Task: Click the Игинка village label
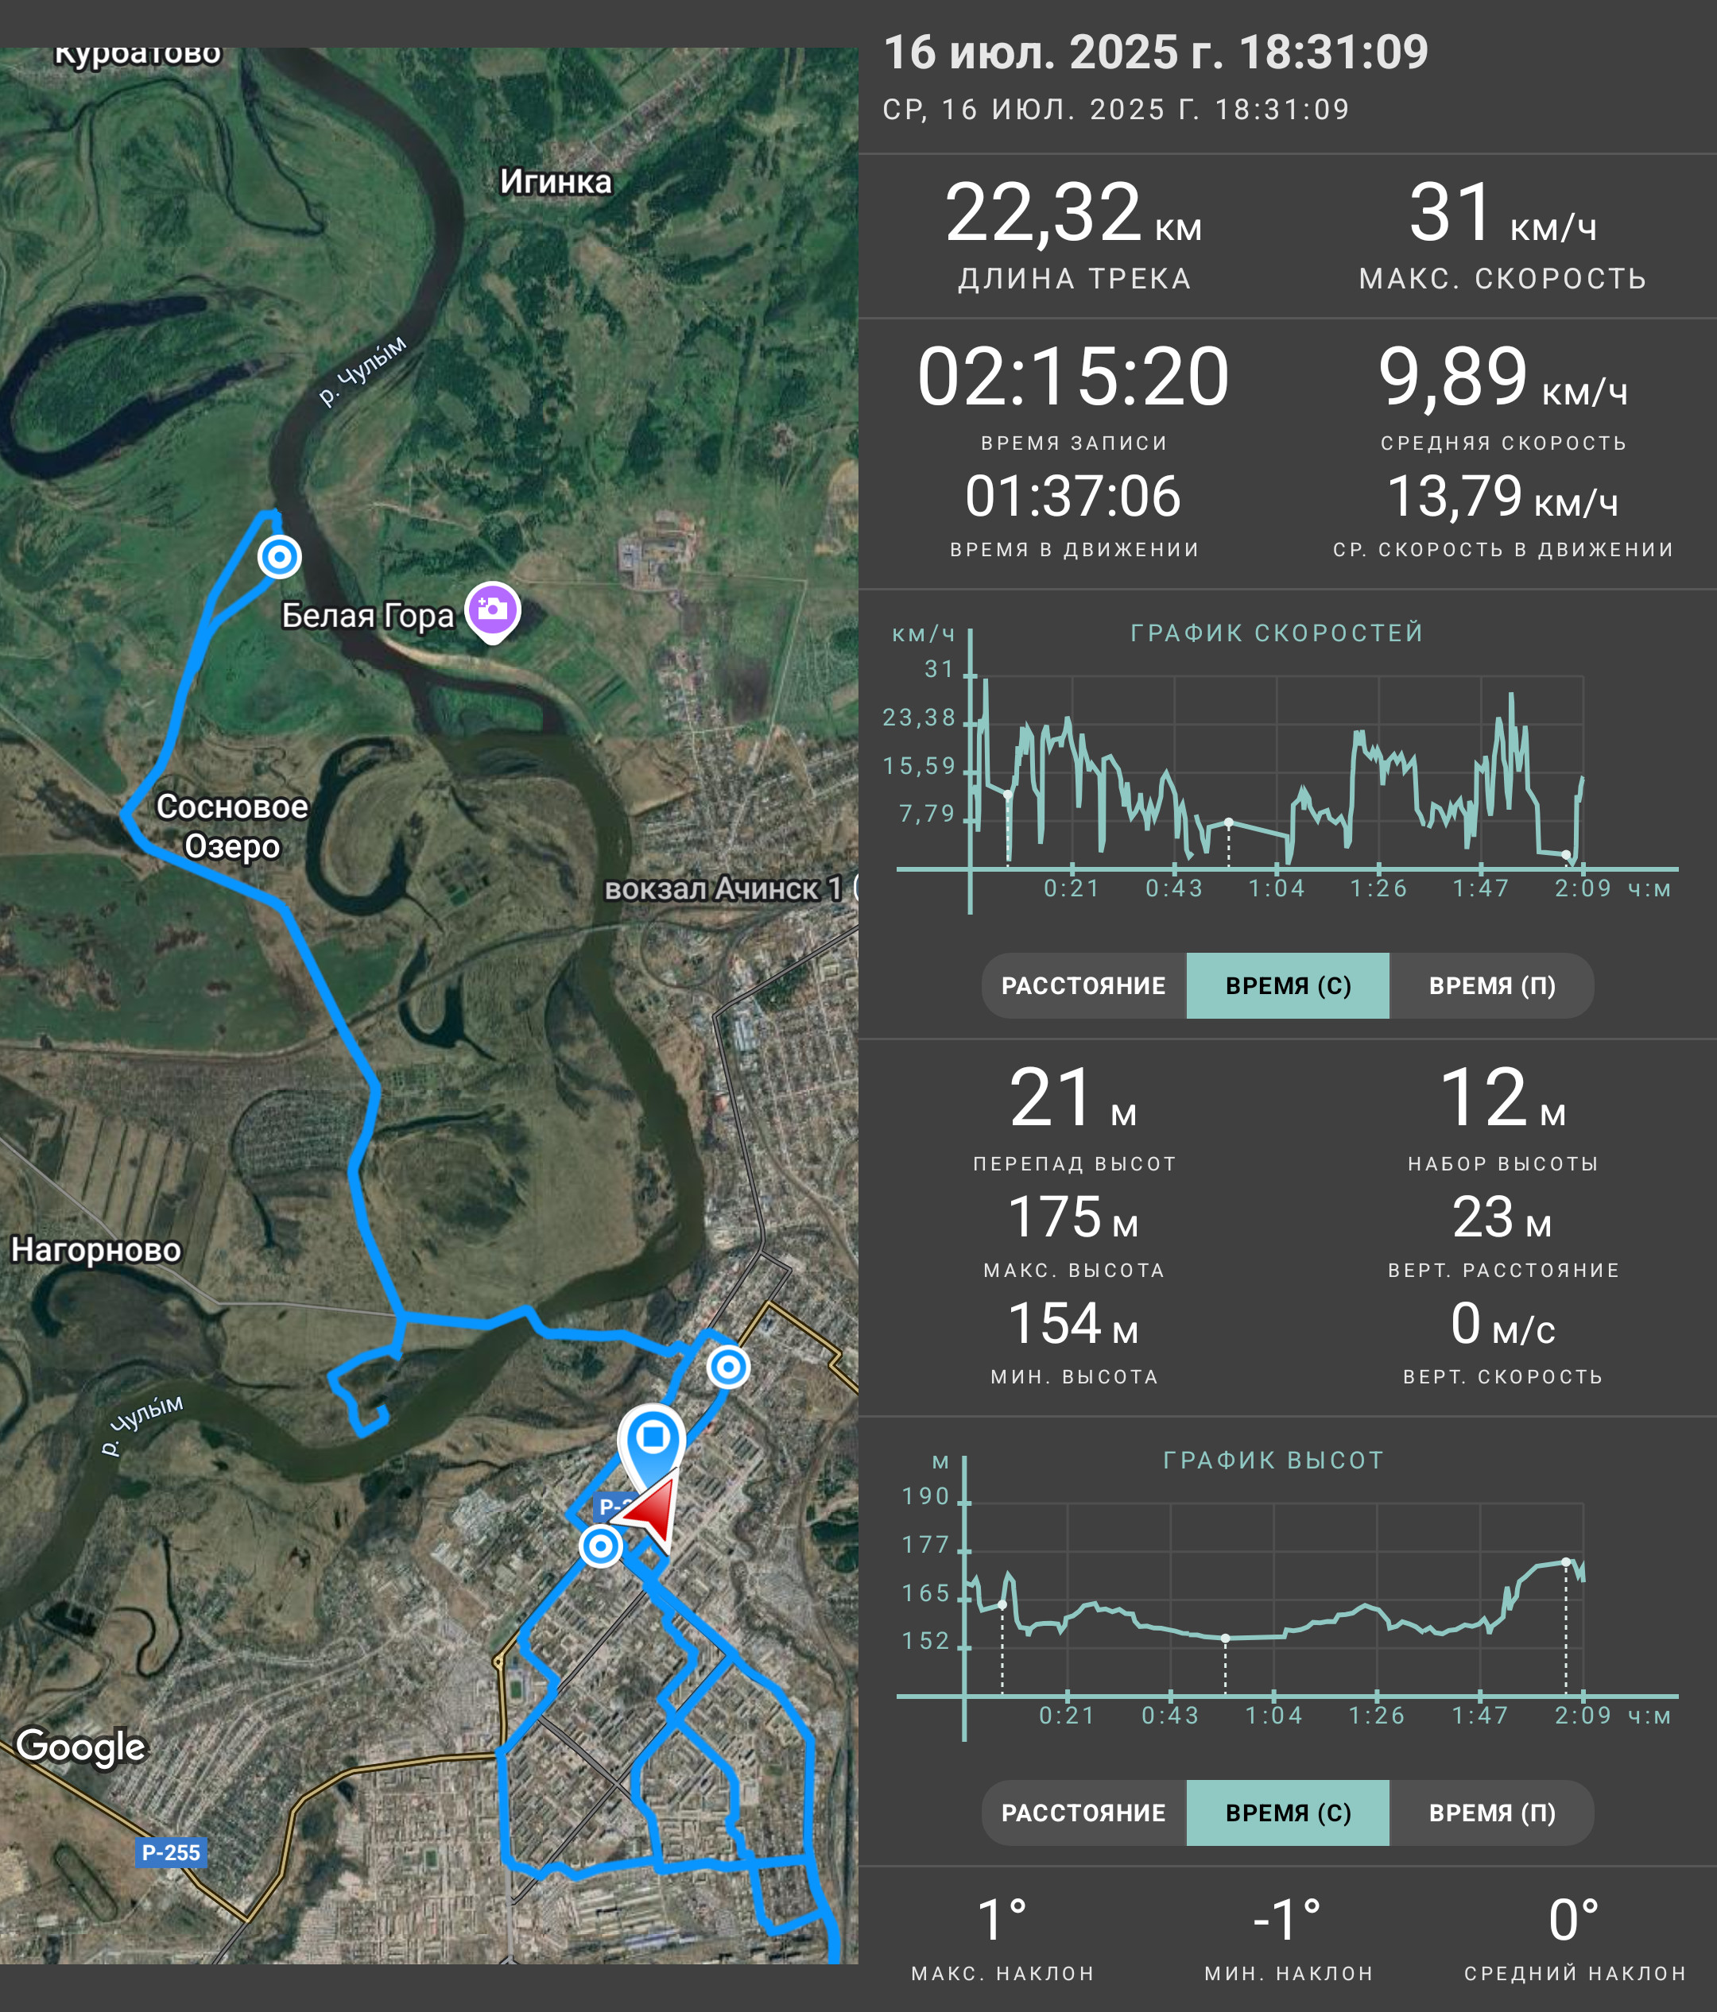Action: click(x=556, y=182)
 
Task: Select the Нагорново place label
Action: click(x=96, y=1250)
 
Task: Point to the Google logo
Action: click(x=82, y=1746)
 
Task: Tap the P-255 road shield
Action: click(x=171, y=1851)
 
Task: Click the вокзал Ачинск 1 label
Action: click(x=723, y=888)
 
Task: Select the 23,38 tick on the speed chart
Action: click(x=919, y=718)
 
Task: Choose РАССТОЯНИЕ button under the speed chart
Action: click(x=1083, y=985)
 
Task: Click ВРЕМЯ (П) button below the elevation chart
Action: click(x=1492, y=1813)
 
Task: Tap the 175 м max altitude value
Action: click(x=1073, y=1217)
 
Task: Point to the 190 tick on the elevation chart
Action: click(x=925, y=1496)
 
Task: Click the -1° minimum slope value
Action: click(x=1288, y=1920)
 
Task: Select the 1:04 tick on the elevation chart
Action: click(x=1273, y=1716)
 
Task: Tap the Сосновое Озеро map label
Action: click(x=232, y=826)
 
